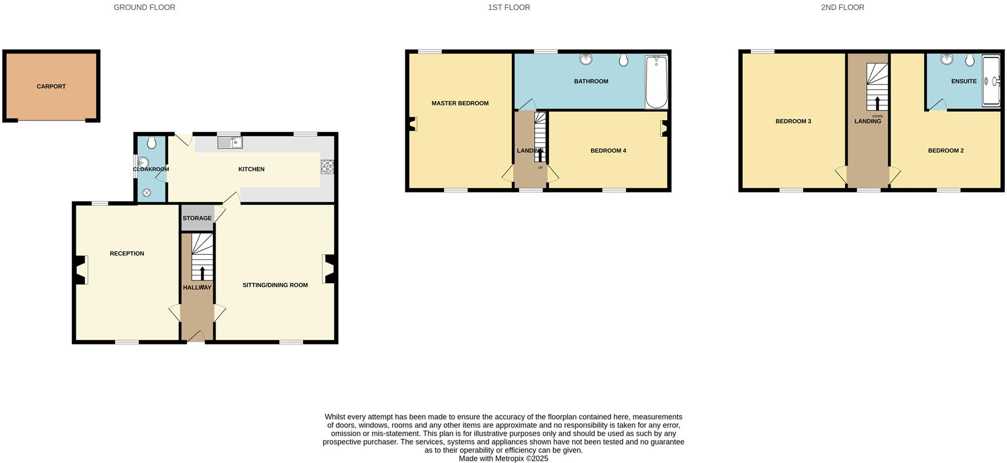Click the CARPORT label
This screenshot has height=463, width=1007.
[51, 87]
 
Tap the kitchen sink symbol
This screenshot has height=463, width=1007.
[230, 143]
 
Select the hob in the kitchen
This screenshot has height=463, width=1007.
[327, 167]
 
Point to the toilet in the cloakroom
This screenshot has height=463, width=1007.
[151, 144]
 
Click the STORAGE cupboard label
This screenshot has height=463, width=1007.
[197, 218]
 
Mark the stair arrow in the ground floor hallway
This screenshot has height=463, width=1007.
[202, 273]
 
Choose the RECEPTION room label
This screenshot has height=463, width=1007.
[127, 254]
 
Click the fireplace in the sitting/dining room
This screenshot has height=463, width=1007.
[328, 269]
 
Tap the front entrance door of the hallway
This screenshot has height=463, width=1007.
[195, 336]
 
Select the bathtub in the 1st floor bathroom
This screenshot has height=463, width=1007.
[657, 82]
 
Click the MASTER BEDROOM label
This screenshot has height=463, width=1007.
[460, 104]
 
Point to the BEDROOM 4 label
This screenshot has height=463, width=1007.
[608, 151]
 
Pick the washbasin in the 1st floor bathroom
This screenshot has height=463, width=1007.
[585, 59]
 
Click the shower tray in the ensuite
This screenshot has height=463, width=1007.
[991, 81]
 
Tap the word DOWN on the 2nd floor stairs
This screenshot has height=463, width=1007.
[878, 116]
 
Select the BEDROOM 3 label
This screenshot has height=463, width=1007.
[793, 121]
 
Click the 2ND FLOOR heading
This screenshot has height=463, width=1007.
[842, 8]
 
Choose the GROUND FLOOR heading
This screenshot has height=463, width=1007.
[144, 8]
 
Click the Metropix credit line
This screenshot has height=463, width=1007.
[503, 459]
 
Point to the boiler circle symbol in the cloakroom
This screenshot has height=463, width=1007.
[146, 193]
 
